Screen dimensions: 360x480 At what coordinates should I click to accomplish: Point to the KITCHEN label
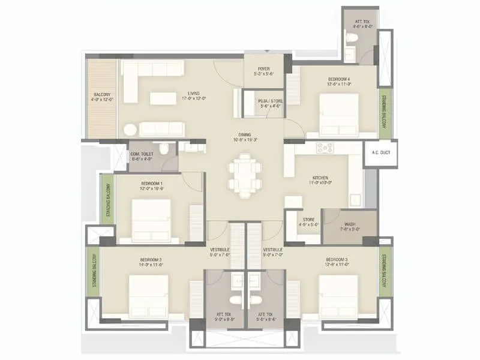point(320,178)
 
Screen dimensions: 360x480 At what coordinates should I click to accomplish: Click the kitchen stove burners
point(325,147)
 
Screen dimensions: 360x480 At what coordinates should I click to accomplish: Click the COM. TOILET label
point(142,154)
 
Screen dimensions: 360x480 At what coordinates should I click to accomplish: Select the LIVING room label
point(193,94)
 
